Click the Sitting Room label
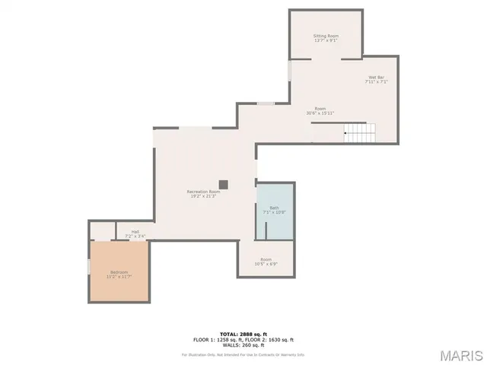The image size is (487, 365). pyautogui.click(x=326, y=36)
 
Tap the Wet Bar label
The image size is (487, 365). pyautogui.click(x=377, y=77)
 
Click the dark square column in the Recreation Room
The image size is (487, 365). pyautogui.click(x=224, y=184)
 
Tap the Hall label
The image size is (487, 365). pyautogui.click(x=135, y=232)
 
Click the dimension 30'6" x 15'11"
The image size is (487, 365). pyautogui.click(x=320, y=113)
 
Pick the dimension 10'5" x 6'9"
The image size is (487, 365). pyautogui.click(x=266, y=265)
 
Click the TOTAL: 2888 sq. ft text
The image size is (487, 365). pyautogui.click(x=243, y=334)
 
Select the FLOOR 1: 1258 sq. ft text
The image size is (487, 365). pyautogui.click(x=218, y=339)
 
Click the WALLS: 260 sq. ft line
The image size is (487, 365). pyautogui.click(x=243, y=345)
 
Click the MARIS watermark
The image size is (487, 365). pyautogui.click(x=460, y=355)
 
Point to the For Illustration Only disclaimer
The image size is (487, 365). pyautogui.click(x=243, y=354)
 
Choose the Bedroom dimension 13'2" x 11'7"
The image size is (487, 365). pyautogui.click(x=119, y=277)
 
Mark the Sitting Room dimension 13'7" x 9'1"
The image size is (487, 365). pyautogui.click(x=326, y=41)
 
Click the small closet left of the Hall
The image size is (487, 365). pyautogui.click(x=102, y=230)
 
